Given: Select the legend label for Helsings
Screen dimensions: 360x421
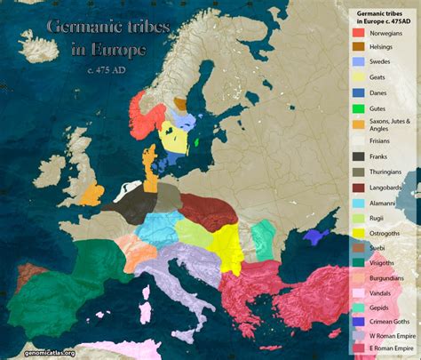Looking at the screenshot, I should pyautogui.click(x=383, y=45).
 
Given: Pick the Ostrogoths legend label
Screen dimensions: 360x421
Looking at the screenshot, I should pyautogui.click(x=387, y=233).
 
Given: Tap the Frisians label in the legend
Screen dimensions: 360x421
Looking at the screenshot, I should pyautogui.click(x=382, y=140).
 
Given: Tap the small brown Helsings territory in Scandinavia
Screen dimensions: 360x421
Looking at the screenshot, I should pyautogui.click(x=180, y=103).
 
